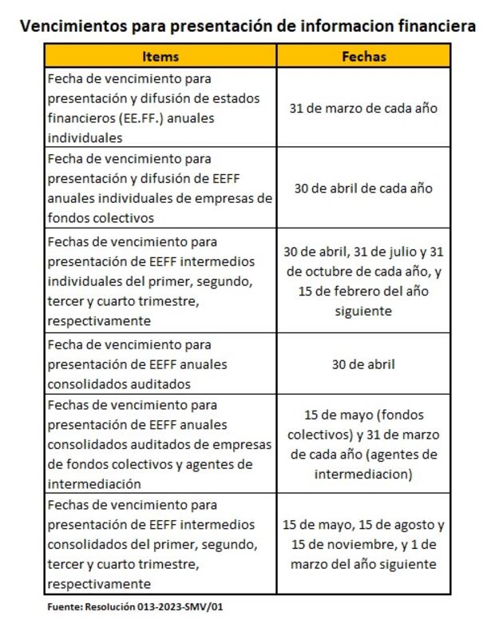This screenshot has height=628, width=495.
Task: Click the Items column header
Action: [160, 56]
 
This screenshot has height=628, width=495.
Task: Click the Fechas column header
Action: [363, 56]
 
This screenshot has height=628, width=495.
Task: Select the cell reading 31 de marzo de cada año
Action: [363, 108]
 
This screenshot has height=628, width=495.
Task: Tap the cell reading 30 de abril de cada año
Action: [363, 189]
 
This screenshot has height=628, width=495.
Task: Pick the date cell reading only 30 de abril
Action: [363, 364]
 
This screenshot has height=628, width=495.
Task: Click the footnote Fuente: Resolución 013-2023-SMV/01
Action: [136, 608]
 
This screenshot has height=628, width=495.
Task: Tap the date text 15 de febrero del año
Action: [363, 291]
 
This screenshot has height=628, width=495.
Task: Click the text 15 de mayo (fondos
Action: [363, 415]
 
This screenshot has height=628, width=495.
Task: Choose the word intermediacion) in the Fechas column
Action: [363, 475]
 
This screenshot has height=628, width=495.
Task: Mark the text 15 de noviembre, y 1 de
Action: [363, 545]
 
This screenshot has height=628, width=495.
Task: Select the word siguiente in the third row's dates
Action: [363, 311]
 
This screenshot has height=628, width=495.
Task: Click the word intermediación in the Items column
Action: [94, 484]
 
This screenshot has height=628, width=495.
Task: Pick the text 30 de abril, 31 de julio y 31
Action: [363, 252]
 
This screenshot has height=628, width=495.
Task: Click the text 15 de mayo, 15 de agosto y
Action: [363, 525]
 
